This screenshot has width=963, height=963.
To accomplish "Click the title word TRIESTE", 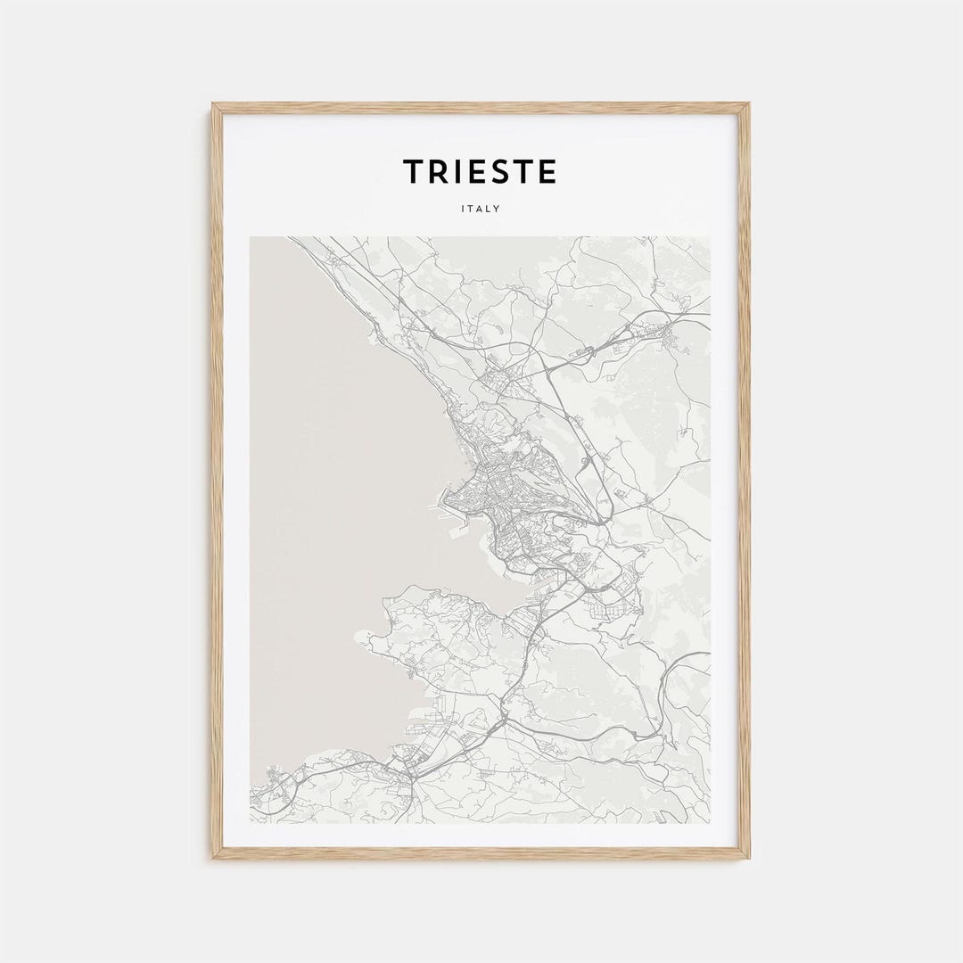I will (480, 171).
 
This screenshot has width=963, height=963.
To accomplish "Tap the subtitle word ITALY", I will (481, 210).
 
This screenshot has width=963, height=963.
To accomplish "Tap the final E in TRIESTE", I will (547, 171).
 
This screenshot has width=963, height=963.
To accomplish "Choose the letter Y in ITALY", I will (497, 210).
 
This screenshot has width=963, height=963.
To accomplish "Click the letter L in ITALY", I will (489, 210).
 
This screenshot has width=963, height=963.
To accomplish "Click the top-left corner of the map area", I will (251, 237).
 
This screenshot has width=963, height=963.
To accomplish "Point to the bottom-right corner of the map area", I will (710, 822).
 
